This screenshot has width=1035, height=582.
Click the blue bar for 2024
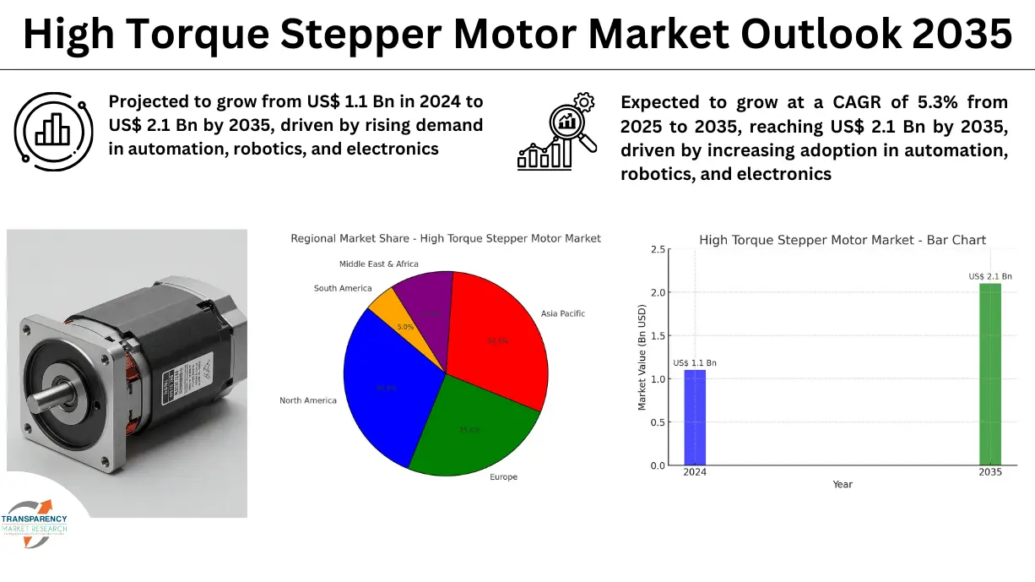click(695, 418)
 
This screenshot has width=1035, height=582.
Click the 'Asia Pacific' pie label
click(562, 313)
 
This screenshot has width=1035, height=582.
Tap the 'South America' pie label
click(343, 288)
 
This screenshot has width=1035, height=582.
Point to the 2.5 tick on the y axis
click(657, 249)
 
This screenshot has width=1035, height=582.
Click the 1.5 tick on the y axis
click(657, 336)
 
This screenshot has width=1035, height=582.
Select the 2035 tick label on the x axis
click(989, 472)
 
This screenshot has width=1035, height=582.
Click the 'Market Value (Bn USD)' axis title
click(642, 357)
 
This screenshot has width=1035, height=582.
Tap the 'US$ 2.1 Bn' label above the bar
click(989, 276)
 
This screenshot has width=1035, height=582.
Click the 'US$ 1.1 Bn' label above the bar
click(695, 362)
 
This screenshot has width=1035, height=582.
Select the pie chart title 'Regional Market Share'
click(446, 238)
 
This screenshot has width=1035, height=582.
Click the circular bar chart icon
click(51, 128)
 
